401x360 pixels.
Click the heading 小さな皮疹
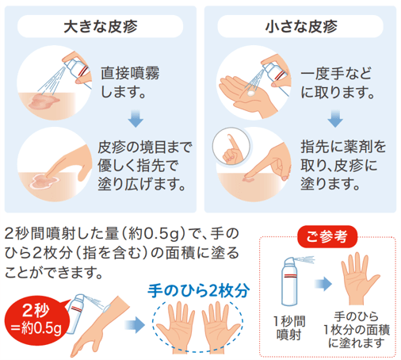pyautogui.click(x=301, y=25)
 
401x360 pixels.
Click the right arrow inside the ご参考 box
pyautogui.click(x=323, y=283)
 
